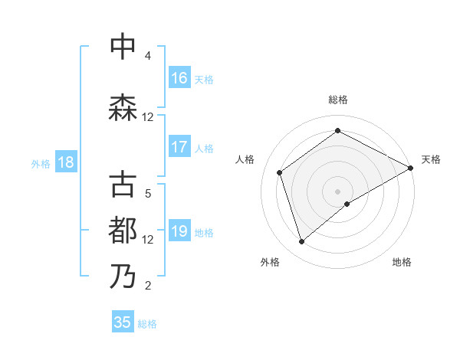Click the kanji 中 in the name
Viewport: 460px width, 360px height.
123,47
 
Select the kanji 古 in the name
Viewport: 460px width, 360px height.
123,185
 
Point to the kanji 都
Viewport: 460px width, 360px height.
123,230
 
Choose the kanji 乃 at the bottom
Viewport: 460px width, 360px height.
123,276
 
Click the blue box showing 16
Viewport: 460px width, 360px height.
179,77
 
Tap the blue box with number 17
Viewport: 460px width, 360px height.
179,147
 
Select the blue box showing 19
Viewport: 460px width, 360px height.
179,231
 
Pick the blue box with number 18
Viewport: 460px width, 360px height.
66,162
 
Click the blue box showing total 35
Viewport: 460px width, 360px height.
123,322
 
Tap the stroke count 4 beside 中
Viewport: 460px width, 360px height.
148,56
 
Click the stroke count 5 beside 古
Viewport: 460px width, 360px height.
148,194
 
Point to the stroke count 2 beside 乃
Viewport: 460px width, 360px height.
148,286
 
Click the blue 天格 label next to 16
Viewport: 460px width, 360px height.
204,79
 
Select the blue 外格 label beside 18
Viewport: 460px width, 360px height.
41,163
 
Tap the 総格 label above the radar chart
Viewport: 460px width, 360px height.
337,100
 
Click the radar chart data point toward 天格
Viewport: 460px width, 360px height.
411,168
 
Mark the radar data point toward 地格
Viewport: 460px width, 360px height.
347,203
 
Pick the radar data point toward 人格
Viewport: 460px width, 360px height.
280,172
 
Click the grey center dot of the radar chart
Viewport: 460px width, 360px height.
337,191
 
